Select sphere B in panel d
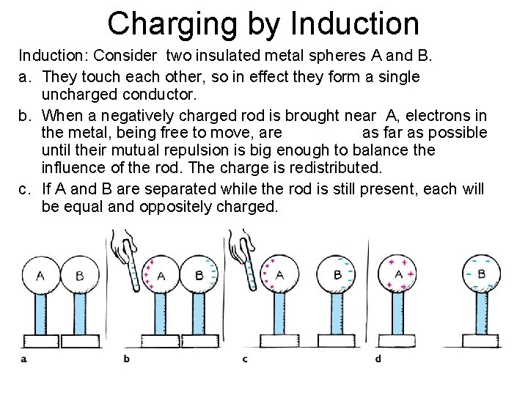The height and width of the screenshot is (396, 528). pyautogui.click(x=481, y=274)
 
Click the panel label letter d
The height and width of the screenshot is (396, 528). pyautogui.click(x=378, y=359)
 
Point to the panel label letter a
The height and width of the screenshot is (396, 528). pyautogui.click(x=24, y=359)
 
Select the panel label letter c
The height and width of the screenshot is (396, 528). pyautogui.click(x=245, y=359)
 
